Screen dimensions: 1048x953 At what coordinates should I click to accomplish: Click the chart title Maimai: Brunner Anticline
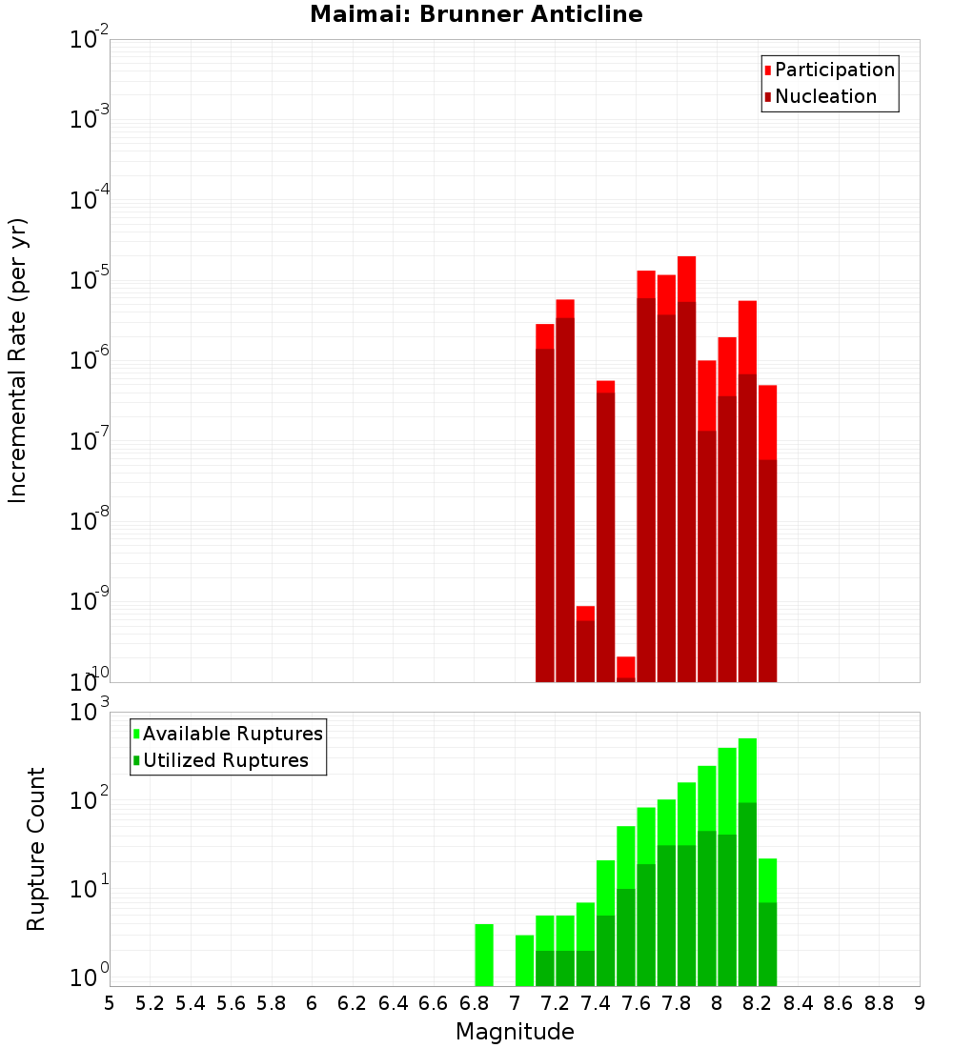pos(476,14)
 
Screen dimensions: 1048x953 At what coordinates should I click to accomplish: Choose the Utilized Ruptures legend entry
pos(225,760)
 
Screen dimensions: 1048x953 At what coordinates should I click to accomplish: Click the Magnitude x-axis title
pos(515,1032)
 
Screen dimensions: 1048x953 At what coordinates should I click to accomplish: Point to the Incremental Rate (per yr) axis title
pos(18,360)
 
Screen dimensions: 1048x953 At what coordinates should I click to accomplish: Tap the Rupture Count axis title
pos(36,849)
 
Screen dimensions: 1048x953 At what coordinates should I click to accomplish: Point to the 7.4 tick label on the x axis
pos(595,1003)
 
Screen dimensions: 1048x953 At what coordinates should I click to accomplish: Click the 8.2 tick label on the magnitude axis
pos(757,1003)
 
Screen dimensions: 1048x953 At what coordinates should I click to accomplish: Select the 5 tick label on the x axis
pos(110,1003)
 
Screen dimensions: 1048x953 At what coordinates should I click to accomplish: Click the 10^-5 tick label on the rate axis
pos(90,280)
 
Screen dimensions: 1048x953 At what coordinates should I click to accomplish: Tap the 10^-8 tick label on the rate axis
pos(90,521)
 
